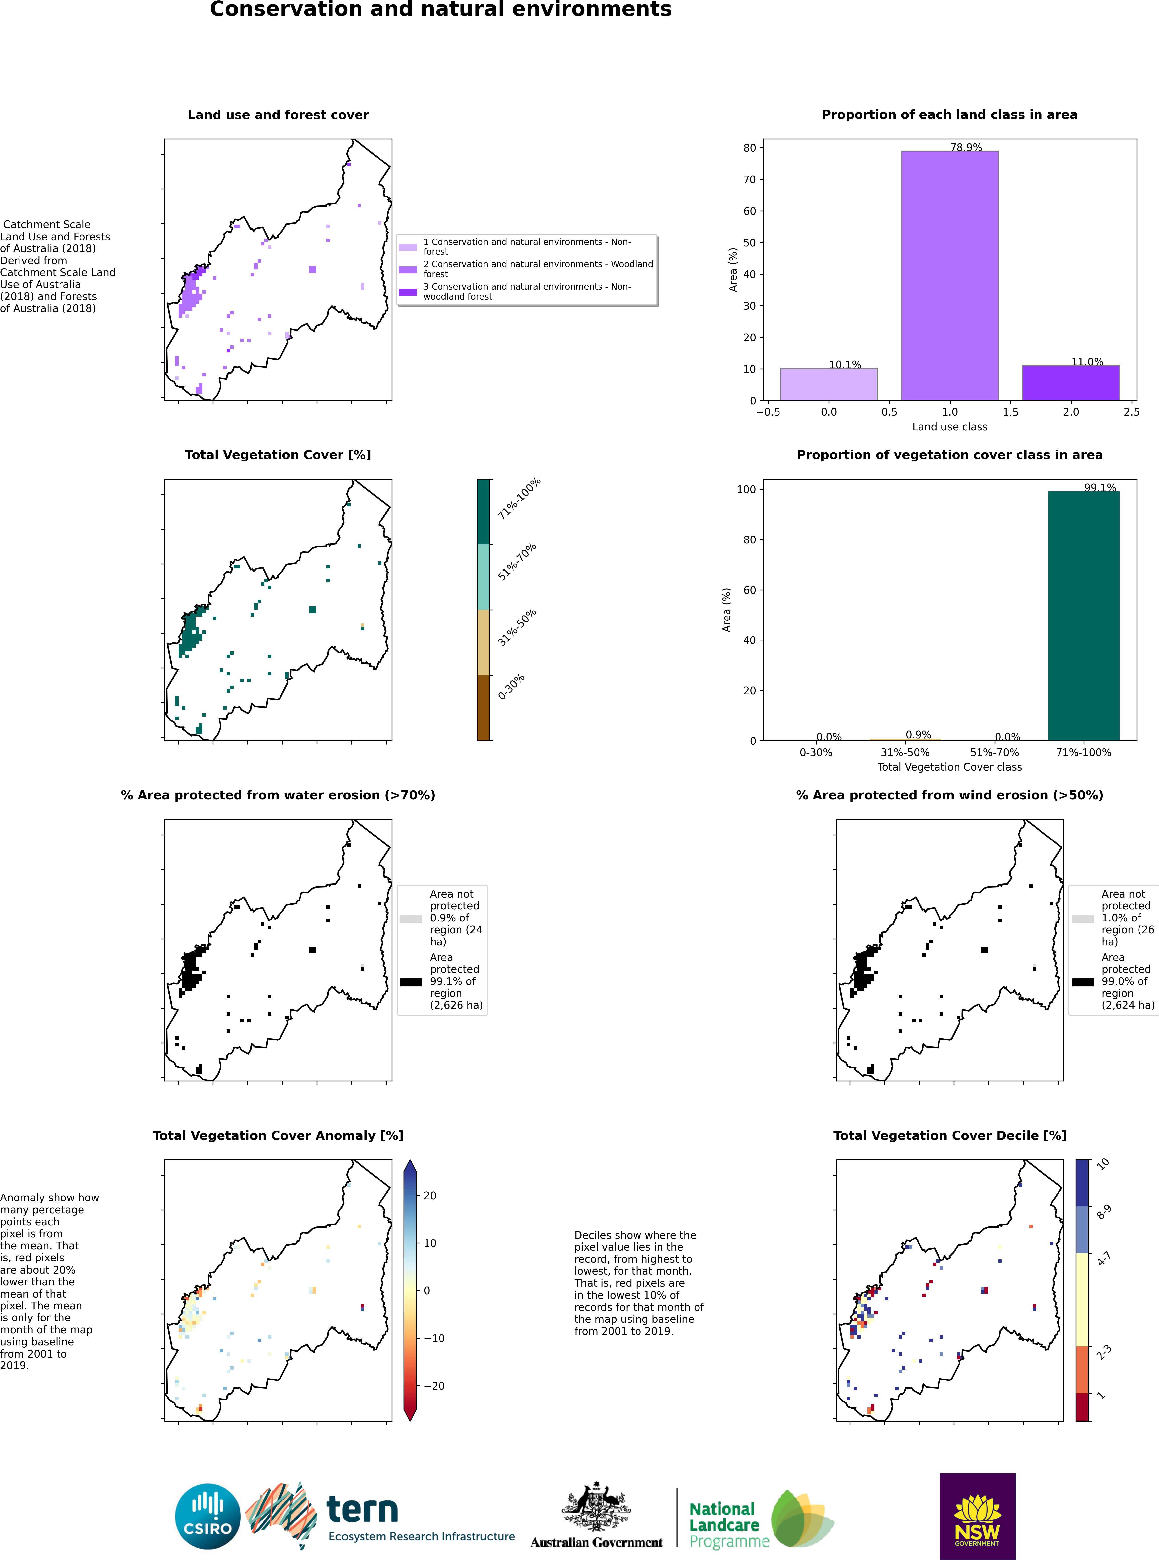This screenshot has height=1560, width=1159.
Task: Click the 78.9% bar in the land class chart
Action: tap(949, 276)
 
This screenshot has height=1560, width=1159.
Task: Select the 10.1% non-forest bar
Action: tap(829, 384)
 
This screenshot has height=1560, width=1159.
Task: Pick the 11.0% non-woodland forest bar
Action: tap(1071, 383)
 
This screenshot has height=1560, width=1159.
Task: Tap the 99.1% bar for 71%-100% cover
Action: tap(1084, 616)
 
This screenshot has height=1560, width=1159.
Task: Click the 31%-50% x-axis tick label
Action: tap(905, 753)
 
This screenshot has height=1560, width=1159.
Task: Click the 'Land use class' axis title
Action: tap(949, 426)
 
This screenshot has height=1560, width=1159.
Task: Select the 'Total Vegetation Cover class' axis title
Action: tap(949, 767)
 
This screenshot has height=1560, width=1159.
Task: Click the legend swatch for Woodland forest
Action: tap(408, 269)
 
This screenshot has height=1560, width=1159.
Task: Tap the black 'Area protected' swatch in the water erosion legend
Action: tap(411, 982)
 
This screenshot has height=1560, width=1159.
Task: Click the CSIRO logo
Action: tap(208, 1517)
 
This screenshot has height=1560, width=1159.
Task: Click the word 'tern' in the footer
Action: tap(362, 1509)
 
